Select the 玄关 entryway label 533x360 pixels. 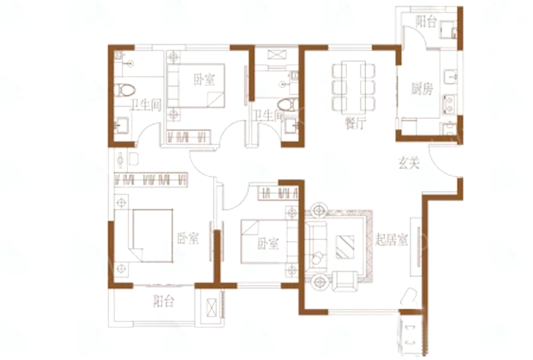(x=409, y=162)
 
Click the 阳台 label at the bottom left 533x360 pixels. (x=163, y=302)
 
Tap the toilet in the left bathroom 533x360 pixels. (x=125, y=91)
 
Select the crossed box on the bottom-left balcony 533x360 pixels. (x=212, y=308)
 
